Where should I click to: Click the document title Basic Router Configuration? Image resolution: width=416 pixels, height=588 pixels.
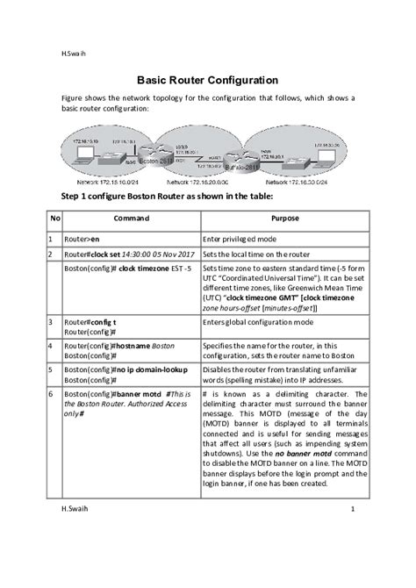click(x=207, y=79)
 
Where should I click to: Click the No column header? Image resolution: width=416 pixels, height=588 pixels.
click(x=54, y=218)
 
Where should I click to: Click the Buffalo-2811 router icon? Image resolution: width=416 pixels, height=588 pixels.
click(x=237, y=166)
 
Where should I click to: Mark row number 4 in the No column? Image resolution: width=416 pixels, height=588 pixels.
click(x=54, y=348)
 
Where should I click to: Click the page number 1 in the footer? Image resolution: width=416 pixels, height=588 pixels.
click(x=352, y=508)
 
